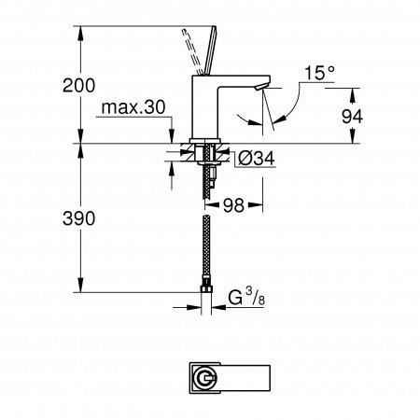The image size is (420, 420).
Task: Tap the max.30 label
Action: click(x=135, y=108)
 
